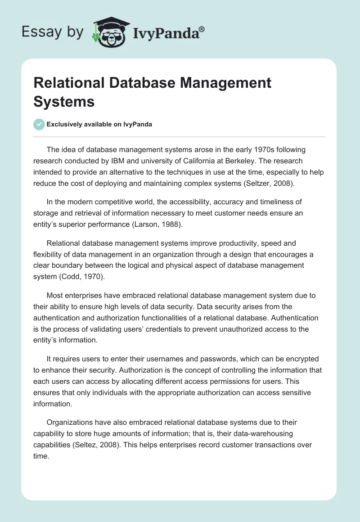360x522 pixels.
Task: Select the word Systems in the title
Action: [x=64, y=101]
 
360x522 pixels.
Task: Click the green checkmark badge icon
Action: [x=39, y=125]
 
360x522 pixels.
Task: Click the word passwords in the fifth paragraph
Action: [x=214, y=359]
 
